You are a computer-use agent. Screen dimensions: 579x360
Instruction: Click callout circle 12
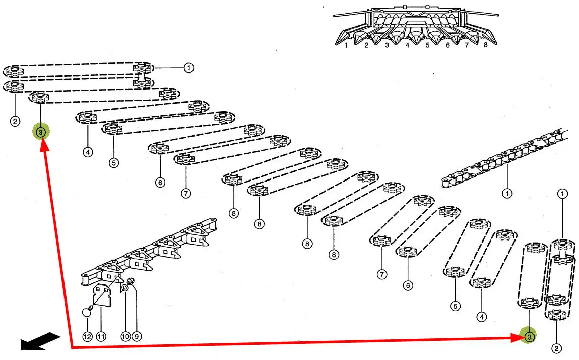click(88, 336)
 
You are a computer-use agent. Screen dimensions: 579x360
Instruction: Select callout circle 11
click(101, 336)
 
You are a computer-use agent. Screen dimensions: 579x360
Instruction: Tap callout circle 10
click(125, 336)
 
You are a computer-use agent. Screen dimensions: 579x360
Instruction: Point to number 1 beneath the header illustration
click(346, 45)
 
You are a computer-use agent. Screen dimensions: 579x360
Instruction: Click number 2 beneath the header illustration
click(366, 45)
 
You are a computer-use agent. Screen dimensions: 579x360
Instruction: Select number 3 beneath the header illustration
click(387, 45)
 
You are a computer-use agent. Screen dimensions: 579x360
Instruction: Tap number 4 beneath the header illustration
click(407, 45)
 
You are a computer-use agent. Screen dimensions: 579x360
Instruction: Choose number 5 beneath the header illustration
click(427, 45)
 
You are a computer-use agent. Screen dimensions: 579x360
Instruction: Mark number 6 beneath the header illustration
click(447, 45)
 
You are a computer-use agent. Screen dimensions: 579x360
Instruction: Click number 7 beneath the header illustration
click(467, 45)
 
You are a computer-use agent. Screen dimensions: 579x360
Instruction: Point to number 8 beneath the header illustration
click(486, 45)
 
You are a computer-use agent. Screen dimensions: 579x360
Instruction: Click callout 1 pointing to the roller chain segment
click(507, 193)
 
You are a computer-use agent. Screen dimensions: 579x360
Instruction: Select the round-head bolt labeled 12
click(87, 313)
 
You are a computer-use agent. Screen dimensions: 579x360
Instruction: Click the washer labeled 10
click(124, 288)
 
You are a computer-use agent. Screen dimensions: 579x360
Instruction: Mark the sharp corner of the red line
click(72, 347)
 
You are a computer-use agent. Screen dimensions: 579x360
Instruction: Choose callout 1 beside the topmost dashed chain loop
click(188, 67)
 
